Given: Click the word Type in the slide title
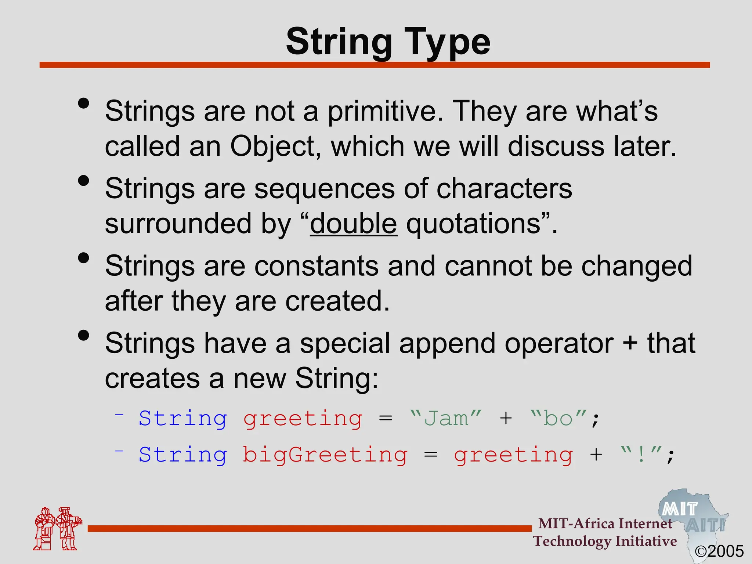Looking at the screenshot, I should click(x=447, y=42).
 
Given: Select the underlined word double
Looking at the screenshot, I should click(x=353, y=224).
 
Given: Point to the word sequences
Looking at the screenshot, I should click(x=324, y=189).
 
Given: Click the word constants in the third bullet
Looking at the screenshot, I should click(x=316, y=266).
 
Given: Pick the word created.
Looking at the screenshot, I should click(x=337, y=301).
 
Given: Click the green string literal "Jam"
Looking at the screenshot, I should click(x=446, y=419).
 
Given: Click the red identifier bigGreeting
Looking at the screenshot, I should click(x=325, y=455).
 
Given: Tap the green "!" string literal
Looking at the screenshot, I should click(x=641, y=455).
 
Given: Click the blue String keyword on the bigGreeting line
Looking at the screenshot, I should click(x=183, y=455).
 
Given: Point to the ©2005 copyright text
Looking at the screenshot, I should click(x=719, y=551).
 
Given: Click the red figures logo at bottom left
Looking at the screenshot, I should click(x=57, y=529).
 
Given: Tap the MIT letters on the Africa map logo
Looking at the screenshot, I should click(x=680, y=509).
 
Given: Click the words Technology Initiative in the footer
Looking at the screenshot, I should click(x=605, y=541).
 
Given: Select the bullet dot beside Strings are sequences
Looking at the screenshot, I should click(x=84, y=181).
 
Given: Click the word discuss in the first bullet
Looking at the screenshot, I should click(x=556, y=146).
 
